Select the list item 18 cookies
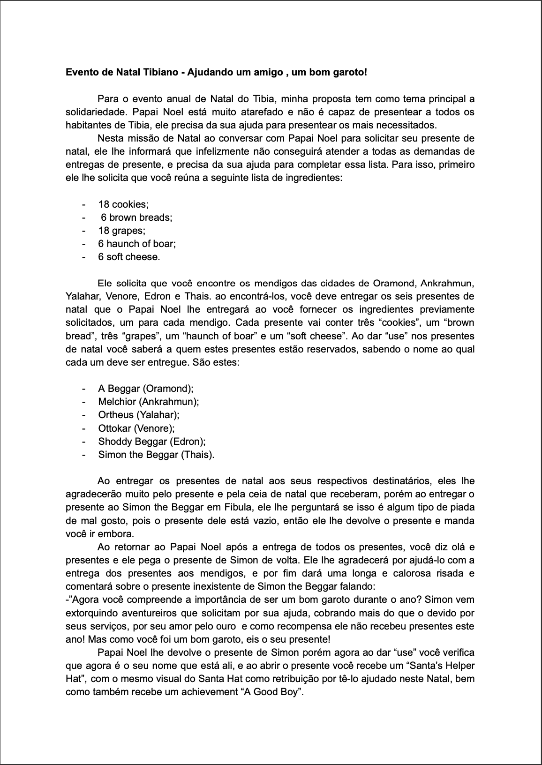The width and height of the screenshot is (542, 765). [123, 204]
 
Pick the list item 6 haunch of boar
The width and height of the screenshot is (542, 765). [137, 244]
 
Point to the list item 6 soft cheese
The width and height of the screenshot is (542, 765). [129, 257]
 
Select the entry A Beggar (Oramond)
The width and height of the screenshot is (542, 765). [146, 389]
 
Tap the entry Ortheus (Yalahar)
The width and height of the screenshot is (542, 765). [139, 415]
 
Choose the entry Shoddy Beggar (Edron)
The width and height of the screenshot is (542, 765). [152, 441]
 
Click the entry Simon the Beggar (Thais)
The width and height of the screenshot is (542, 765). [156, 454]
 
